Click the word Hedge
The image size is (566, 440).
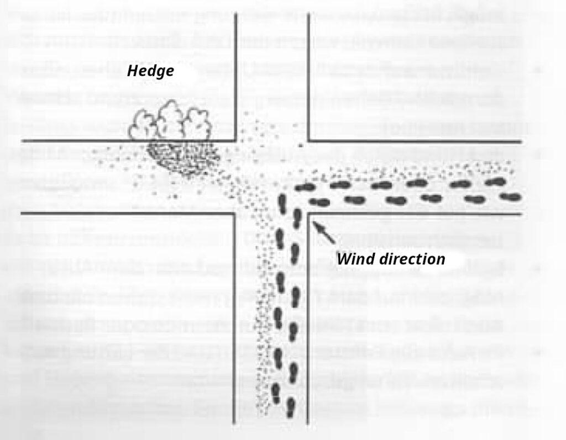tap(150, 71)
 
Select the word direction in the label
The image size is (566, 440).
tap(411, 258)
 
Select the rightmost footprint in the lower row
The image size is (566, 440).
tap(512, 196)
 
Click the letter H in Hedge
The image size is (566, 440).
tap(132, 71)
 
